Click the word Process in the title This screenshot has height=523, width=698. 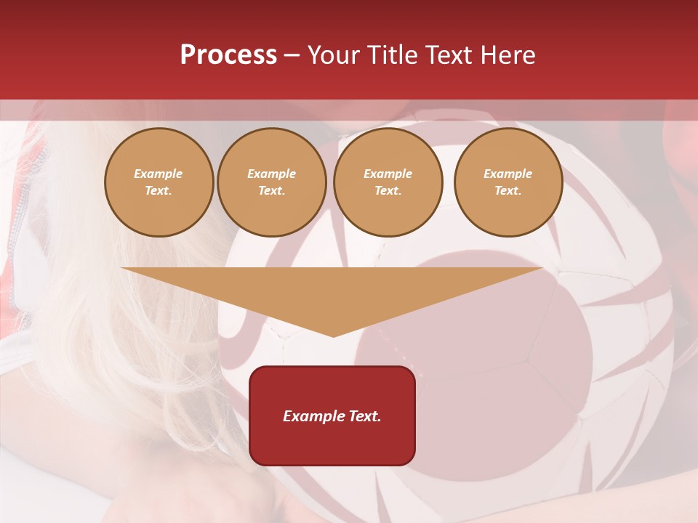[x=228, y=55]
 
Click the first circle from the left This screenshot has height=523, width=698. [x=159, y=182]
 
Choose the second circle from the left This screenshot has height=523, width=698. [x=272, y=182]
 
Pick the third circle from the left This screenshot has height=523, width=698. [x=388, y=182]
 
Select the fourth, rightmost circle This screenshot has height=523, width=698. [x=508, y=182]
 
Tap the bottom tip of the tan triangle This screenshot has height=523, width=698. [x=333, y=336]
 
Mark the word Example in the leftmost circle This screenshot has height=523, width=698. [x=159, y=174]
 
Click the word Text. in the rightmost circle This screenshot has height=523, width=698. [x=508, y=191]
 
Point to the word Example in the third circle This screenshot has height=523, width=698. [x=388, y=174]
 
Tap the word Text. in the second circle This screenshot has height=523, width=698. [x=272, y=191]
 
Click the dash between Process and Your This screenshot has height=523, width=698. [x=292, y=55]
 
